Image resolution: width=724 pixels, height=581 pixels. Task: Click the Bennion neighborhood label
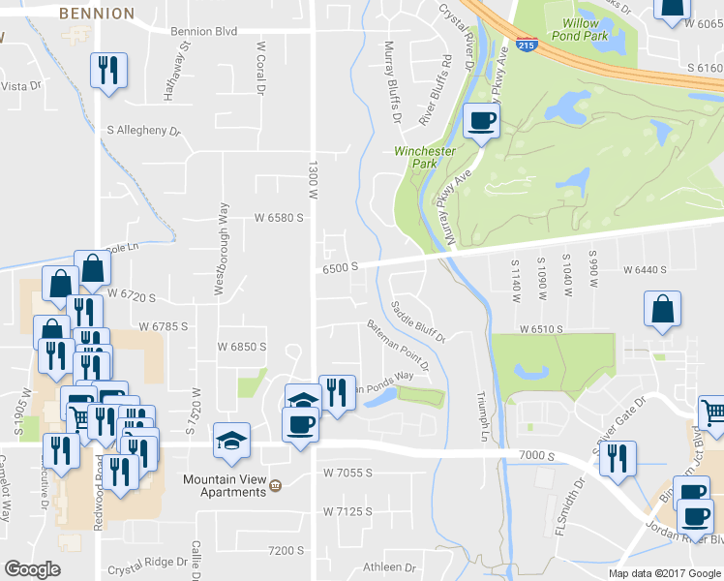[x=96, y=14]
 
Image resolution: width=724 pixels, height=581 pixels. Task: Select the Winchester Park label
[x=425, y=158]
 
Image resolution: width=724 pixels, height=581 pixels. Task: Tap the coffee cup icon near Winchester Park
[x=482, y=121]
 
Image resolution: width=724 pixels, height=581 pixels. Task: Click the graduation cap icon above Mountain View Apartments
[x=231, y=441]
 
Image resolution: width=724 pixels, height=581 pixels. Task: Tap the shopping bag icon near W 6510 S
[x=661, y=310]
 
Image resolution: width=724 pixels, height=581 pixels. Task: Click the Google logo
[x=33, y=569]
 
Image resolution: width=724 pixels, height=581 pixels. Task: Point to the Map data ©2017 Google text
[x=664, y=573]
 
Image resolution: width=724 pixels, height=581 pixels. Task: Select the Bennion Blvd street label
[x=203, y=31]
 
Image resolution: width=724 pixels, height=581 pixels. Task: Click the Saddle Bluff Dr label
[x=417, y=321]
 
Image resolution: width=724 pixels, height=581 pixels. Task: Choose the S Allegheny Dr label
[x=143, y=130]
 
